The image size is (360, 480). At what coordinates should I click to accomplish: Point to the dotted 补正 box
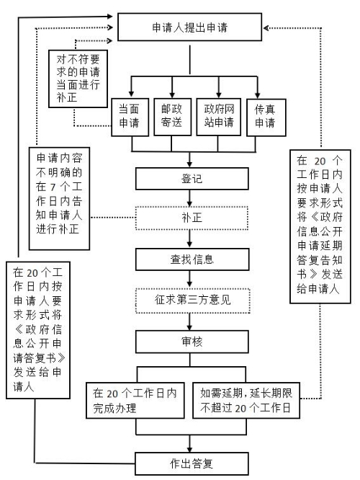pos(190,217)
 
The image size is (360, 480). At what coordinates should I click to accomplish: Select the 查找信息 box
pos(190,257)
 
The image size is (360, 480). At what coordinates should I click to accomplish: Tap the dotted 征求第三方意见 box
pos(190,298)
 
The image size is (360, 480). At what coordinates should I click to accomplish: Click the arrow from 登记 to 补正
pos(190,197)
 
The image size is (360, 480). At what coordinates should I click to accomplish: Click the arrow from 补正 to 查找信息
pos(190,237)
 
